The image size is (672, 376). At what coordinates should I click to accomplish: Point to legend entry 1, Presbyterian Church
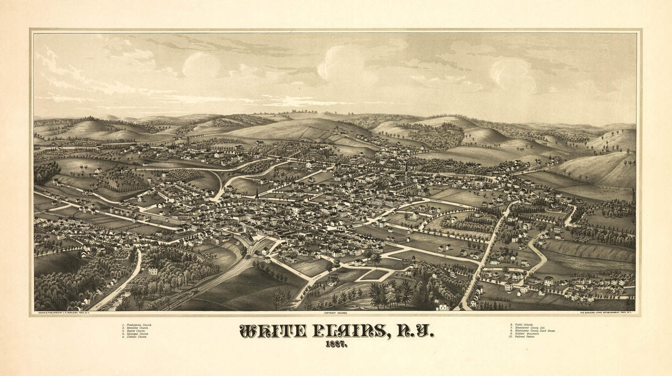click(x=137, y=325)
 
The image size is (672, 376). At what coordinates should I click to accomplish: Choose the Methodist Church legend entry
click(x=136, y=328)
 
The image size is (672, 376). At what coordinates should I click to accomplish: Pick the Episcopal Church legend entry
click(x=136, y=334)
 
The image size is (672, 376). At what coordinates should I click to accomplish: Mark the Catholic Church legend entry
click(x=135, y=337)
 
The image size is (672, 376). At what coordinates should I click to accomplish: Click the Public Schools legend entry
click(x=520, y=325)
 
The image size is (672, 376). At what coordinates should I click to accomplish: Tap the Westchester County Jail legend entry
click(x=527, y=328)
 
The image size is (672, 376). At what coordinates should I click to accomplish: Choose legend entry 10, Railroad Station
click(x=522, y=337)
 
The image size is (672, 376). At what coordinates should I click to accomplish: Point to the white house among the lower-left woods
click(x=153, y=271)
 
